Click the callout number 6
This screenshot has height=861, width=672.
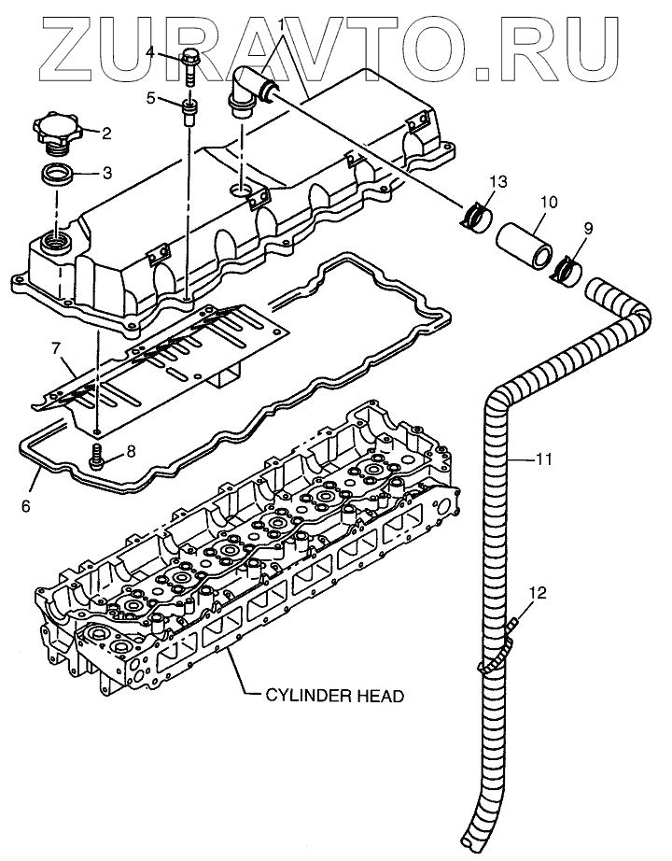[x=26, y=506]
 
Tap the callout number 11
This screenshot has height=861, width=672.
[x=543, y=459]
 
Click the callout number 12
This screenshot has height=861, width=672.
[x=539, y=593]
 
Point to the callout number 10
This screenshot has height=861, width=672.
[x=548, y=202]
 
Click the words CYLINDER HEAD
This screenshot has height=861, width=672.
[x=335, y=696]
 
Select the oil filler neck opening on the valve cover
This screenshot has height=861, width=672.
[x=56, y=241]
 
